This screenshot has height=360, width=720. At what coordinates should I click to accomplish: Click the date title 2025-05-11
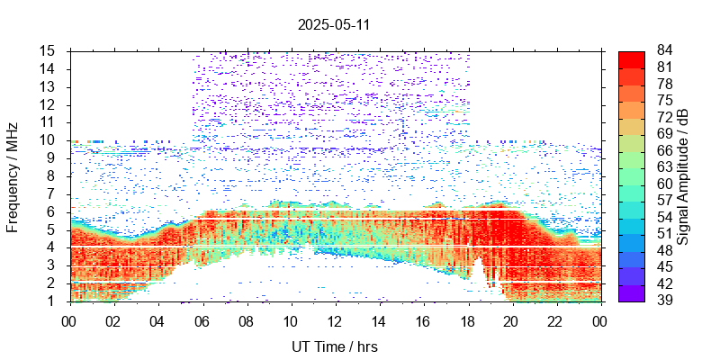click(334, 24)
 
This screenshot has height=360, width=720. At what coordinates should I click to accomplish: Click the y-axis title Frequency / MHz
click(13, 175)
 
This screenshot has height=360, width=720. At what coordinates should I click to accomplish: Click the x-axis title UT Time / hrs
click(335, 346)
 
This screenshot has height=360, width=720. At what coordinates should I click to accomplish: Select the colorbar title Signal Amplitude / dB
click(684, 175)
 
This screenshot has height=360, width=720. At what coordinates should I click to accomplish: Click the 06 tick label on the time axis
click(202, 319)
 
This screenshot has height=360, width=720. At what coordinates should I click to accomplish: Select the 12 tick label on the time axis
click(335, 319)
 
